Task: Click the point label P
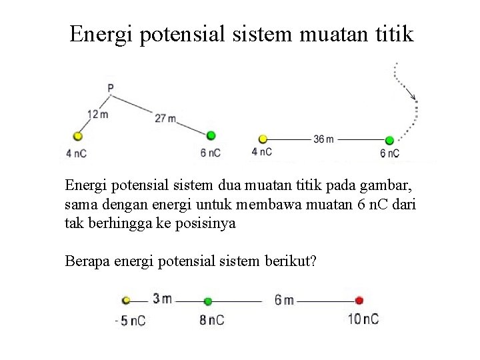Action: click(110, 87)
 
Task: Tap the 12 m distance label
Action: click(97, 114)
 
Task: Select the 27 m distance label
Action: click(165, 119)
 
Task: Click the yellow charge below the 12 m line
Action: click(78, 136)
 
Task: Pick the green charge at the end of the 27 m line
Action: click(211, 135)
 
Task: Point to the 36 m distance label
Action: click(323, 139)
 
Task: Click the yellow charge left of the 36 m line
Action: click(263, 139)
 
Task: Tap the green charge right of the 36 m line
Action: click(389, 140)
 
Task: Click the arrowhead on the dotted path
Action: click(413, 99)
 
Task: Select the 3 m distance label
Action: click(162, 299)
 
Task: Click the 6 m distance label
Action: click(283, 300)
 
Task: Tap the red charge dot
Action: click(359, 300)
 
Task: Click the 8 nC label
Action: click(212, 320)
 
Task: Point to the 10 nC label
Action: click(363, 319)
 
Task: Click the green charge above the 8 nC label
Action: click(208, 301)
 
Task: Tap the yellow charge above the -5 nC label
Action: click(126, 301)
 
